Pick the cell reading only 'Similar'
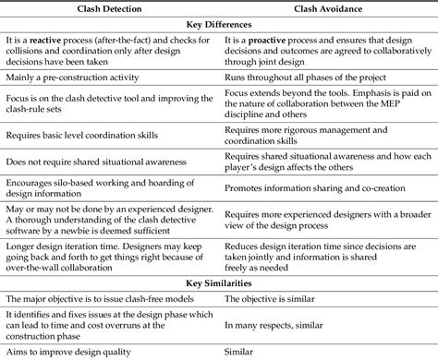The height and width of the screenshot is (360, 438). (238, 351)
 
